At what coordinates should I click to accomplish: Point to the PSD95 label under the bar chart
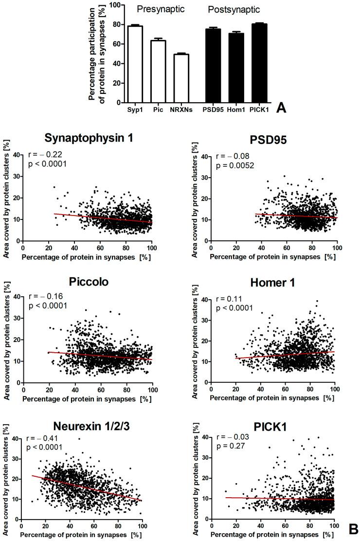pos(213,109)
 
